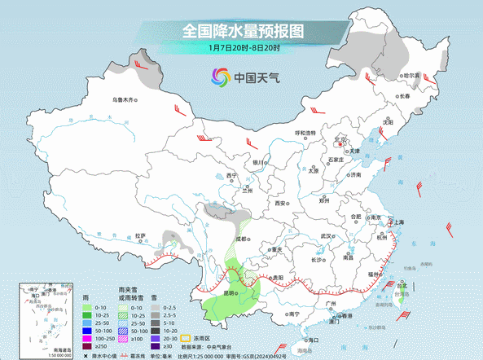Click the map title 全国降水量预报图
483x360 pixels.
242,31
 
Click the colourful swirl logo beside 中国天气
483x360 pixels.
220,78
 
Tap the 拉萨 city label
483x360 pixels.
141,236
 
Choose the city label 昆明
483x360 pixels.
209,293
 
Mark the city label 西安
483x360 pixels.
282,202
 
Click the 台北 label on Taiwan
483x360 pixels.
402,286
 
